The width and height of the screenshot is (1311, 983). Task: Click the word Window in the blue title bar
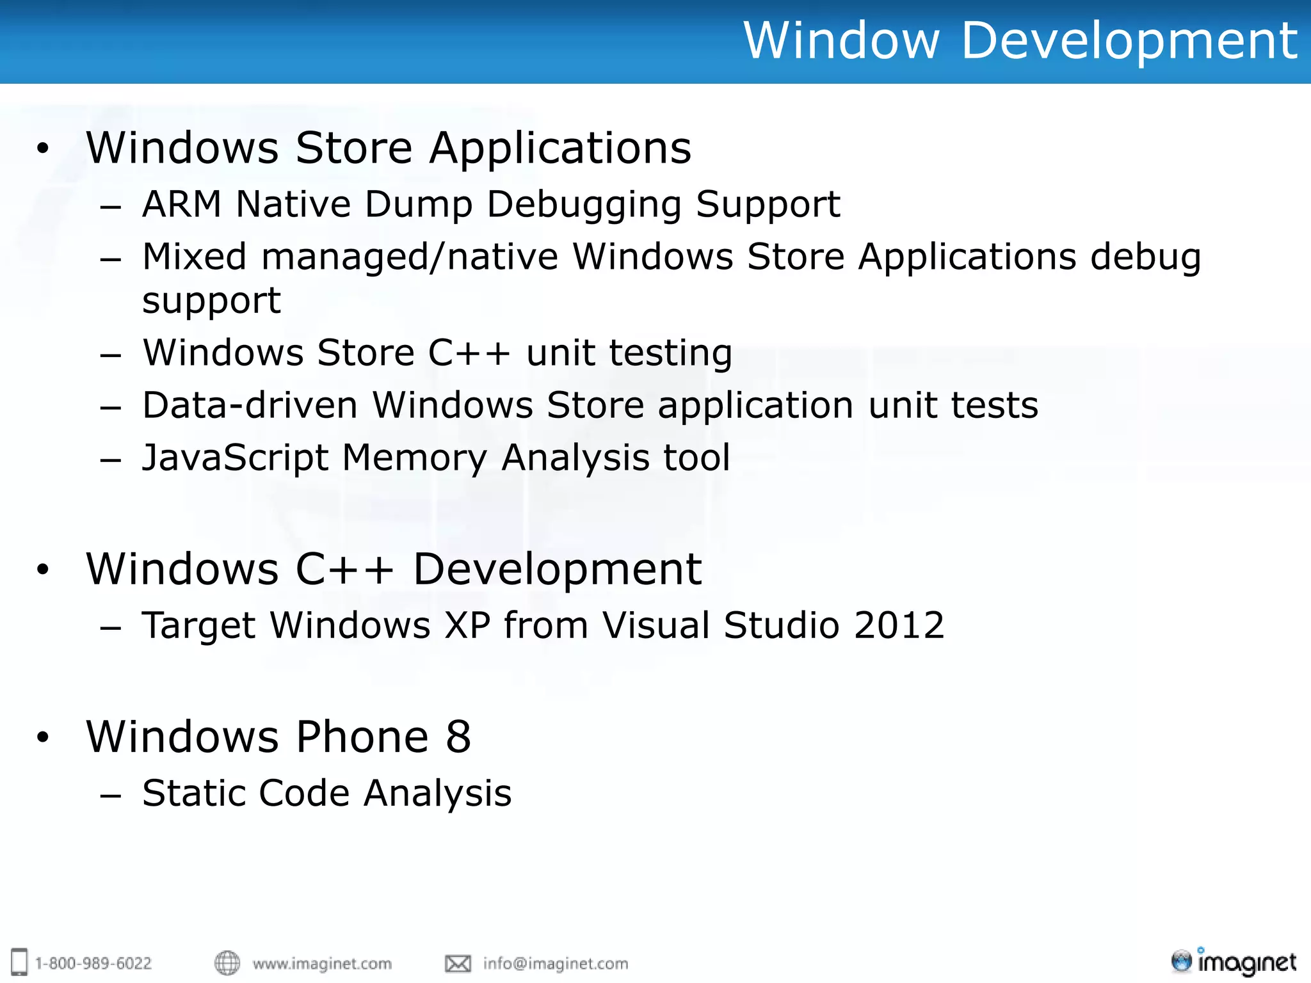[841, 40]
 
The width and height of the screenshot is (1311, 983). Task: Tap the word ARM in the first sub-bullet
[181, 204]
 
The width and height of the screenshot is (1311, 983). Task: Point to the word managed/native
[409, 257]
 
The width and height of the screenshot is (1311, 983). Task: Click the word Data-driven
[250, 405]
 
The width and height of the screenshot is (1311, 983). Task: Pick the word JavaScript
[235, 458]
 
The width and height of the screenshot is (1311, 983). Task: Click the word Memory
[414, 458]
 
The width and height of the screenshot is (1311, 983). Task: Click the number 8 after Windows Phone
[458, 737]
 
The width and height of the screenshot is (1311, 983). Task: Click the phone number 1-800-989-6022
[93, 963]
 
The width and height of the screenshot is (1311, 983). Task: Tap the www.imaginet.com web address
[322, 963]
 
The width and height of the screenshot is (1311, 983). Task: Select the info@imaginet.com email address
[556, 963]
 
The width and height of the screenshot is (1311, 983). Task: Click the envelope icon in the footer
[458, 963]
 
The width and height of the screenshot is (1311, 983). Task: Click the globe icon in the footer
[227, 963]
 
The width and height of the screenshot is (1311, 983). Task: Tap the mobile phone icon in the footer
[20, 962]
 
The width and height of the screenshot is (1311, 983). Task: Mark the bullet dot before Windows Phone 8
[43, 737]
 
